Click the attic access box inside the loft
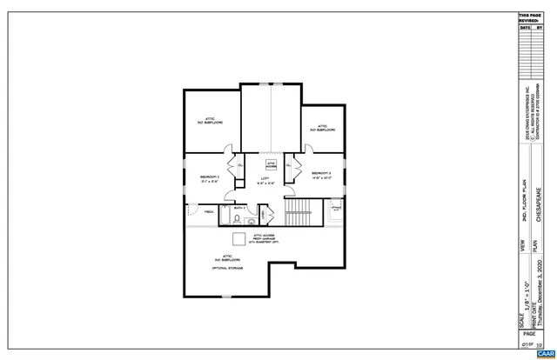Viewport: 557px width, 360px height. point(271,163)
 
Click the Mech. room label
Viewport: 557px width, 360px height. point(209,212)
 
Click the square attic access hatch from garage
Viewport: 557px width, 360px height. point(238,240)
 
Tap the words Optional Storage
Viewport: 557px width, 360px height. point(227,269)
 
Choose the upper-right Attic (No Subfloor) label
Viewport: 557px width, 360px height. point(321,127)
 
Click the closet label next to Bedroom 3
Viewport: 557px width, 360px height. point(289,164)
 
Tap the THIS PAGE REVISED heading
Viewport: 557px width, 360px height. point(530,17)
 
